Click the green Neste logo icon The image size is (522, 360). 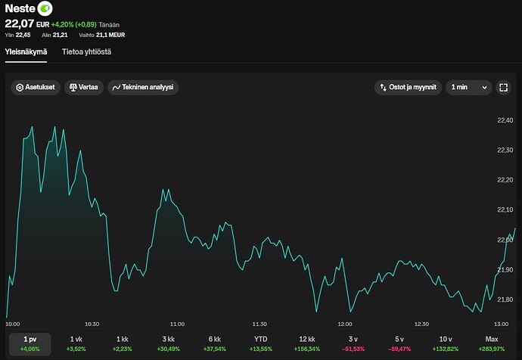point(45,8)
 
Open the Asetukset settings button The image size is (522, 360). point(36,87)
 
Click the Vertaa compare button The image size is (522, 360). point(84,87)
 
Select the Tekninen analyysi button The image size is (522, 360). point(143,87)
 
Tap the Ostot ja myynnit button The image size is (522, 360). point(409,87)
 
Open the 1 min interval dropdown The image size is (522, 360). point(469,87)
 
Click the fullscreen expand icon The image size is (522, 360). point(504,87)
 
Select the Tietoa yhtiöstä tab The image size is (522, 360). point(86,52)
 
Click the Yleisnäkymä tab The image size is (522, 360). point(26,52)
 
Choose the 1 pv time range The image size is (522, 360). point(30,344)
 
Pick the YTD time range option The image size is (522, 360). point(261,344)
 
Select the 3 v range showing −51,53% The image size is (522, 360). point(353,344)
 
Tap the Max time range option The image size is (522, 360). point(492,344)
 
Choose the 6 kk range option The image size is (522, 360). point(214,344)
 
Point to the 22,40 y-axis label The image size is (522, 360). point(505,120)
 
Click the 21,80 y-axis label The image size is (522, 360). point(505,299)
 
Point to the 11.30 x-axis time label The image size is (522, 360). point(259,324)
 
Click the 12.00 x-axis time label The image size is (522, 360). point(345,324)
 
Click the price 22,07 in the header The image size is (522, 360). point(20,23)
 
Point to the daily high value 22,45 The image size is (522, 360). point(23,35)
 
